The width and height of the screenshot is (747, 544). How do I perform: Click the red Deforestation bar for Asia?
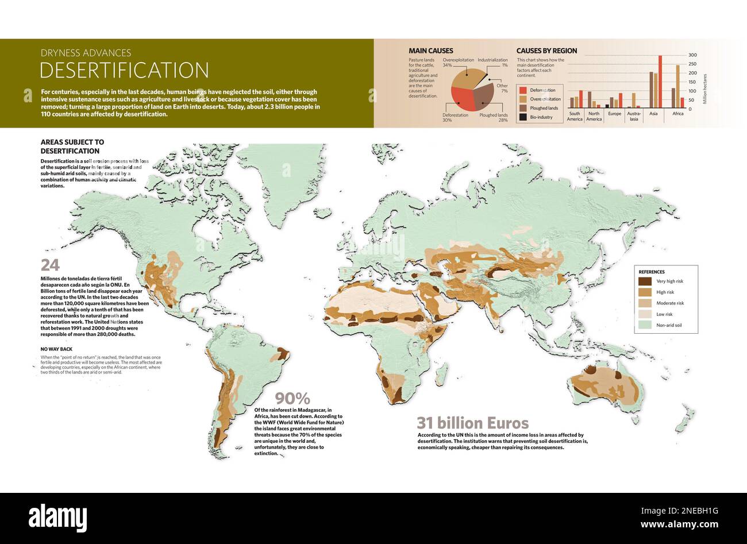660,82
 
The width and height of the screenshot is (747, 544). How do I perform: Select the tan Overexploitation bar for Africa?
677,86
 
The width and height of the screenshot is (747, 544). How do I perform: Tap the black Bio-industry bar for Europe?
607,106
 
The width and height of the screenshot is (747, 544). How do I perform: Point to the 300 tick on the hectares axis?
692,55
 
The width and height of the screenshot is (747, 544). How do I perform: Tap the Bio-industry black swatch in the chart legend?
522,117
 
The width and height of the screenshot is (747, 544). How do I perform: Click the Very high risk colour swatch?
645,281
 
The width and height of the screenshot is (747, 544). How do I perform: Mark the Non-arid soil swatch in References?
645,325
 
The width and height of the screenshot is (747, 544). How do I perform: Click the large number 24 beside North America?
50,265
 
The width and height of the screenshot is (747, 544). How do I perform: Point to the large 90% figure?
292,398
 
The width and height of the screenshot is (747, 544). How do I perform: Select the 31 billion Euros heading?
472,423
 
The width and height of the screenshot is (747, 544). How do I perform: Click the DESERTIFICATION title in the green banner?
124,70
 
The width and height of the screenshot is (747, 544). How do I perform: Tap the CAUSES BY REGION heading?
546,51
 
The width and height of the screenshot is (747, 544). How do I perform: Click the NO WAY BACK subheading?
56,349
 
